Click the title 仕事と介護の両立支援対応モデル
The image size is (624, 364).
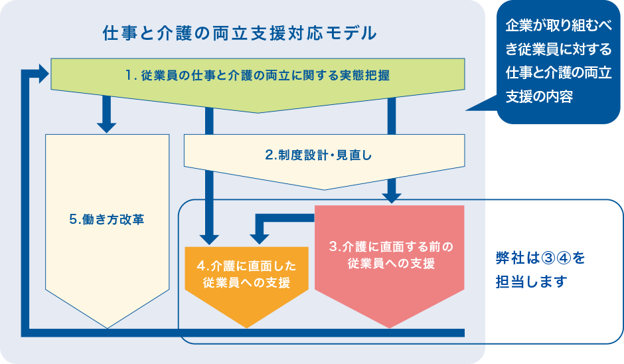click(240, 33)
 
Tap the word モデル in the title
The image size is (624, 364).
click(355, 33)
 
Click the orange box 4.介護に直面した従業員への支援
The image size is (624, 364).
click(246, 274)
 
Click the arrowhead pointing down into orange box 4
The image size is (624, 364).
click(210, 236)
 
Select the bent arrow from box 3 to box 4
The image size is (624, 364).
click(279, 219)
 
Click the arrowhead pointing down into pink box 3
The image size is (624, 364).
click(391, 195)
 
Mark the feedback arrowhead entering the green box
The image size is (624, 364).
click(44, 73)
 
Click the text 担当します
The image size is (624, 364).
click(531, 281)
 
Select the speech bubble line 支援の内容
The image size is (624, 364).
click(539, 96)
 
